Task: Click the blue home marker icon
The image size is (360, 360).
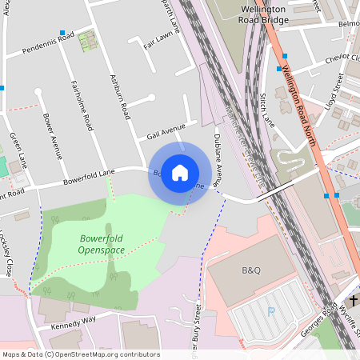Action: click(x=180, y=172)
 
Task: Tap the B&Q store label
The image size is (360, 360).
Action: click(x=251, y=270)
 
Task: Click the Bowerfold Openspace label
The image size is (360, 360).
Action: click(x=102, y=244)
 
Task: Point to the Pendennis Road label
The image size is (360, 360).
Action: click(x=48, y=40)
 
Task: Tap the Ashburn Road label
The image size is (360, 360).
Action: click(x=119, y=98)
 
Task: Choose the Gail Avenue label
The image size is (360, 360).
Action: click(x=166, y=131)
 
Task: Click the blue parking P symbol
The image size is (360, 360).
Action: click(x=270, y=311)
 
